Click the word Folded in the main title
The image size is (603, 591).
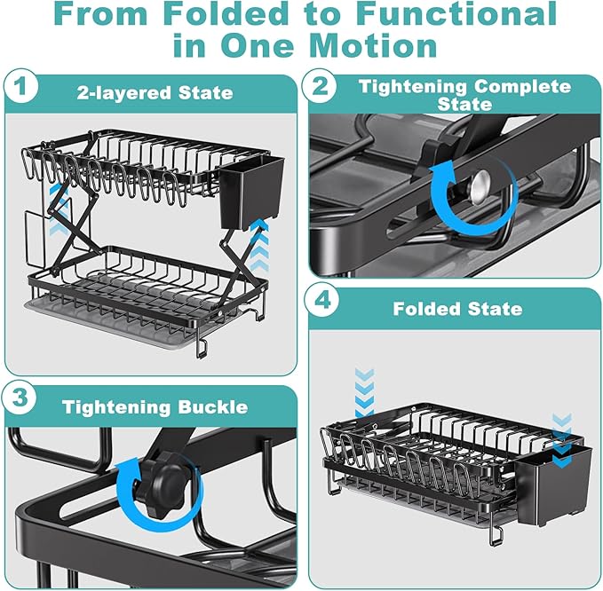221,15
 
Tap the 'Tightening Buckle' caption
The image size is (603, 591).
155,407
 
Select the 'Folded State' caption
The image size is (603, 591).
458,309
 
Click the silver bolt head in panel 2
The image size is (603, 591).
480,184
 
